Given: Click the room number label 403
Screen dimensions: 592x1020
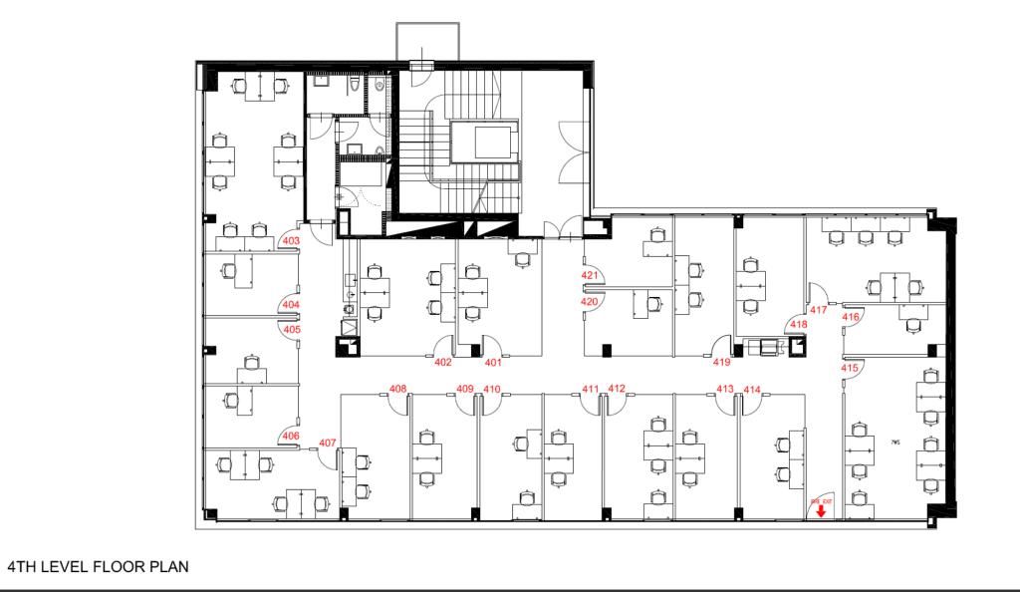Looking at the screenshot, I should [x=292, y=240].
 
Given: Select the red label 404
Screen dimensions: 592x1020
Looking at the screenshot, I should [x=291, y=304].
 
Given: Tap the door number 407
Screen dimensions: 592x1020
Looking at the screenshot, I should [x=328, y=443].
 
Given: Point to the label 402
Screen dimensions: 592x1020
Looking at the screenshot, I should [x=443, y=362].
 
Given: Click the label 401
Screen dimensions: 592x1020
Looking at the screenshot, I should [x=492, y=362].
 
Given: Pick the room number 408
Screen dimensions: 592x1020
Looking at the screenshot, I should [x=397, y=388].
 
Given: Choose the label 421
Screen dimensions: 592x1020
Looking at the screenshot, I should [x=590, y=275].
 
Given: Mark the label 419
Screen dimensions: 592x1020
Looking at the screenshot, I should [x=721, y=362].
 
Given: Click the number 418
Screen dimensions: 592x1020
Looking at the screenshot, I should [x=799, y=324].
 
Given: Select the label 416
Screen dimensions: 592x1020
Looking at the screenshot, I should [x=851, y=317].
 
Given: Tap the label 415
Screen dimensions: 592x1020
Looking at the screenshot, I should [x=850, y=368].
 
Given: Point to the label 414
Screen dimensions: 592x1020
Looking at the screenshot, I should [x=752, y=389].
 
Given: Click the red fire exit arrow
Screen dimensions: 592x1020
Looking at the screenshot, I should [x=821, y=511].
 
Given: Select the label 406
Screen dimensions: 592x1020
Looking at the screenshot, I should [x=291, y=436].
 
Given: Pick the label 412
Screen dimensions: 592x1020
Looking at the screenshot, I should [x=617, y=388].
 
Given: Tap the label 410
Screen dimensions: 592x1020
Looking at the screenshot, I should [x=491, y=388].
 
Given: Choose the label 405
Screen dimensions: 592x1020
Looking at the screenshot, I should [x=292, y=329].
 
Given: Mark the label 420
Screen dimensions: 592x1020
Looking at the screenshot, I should [x=590, y=301].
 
